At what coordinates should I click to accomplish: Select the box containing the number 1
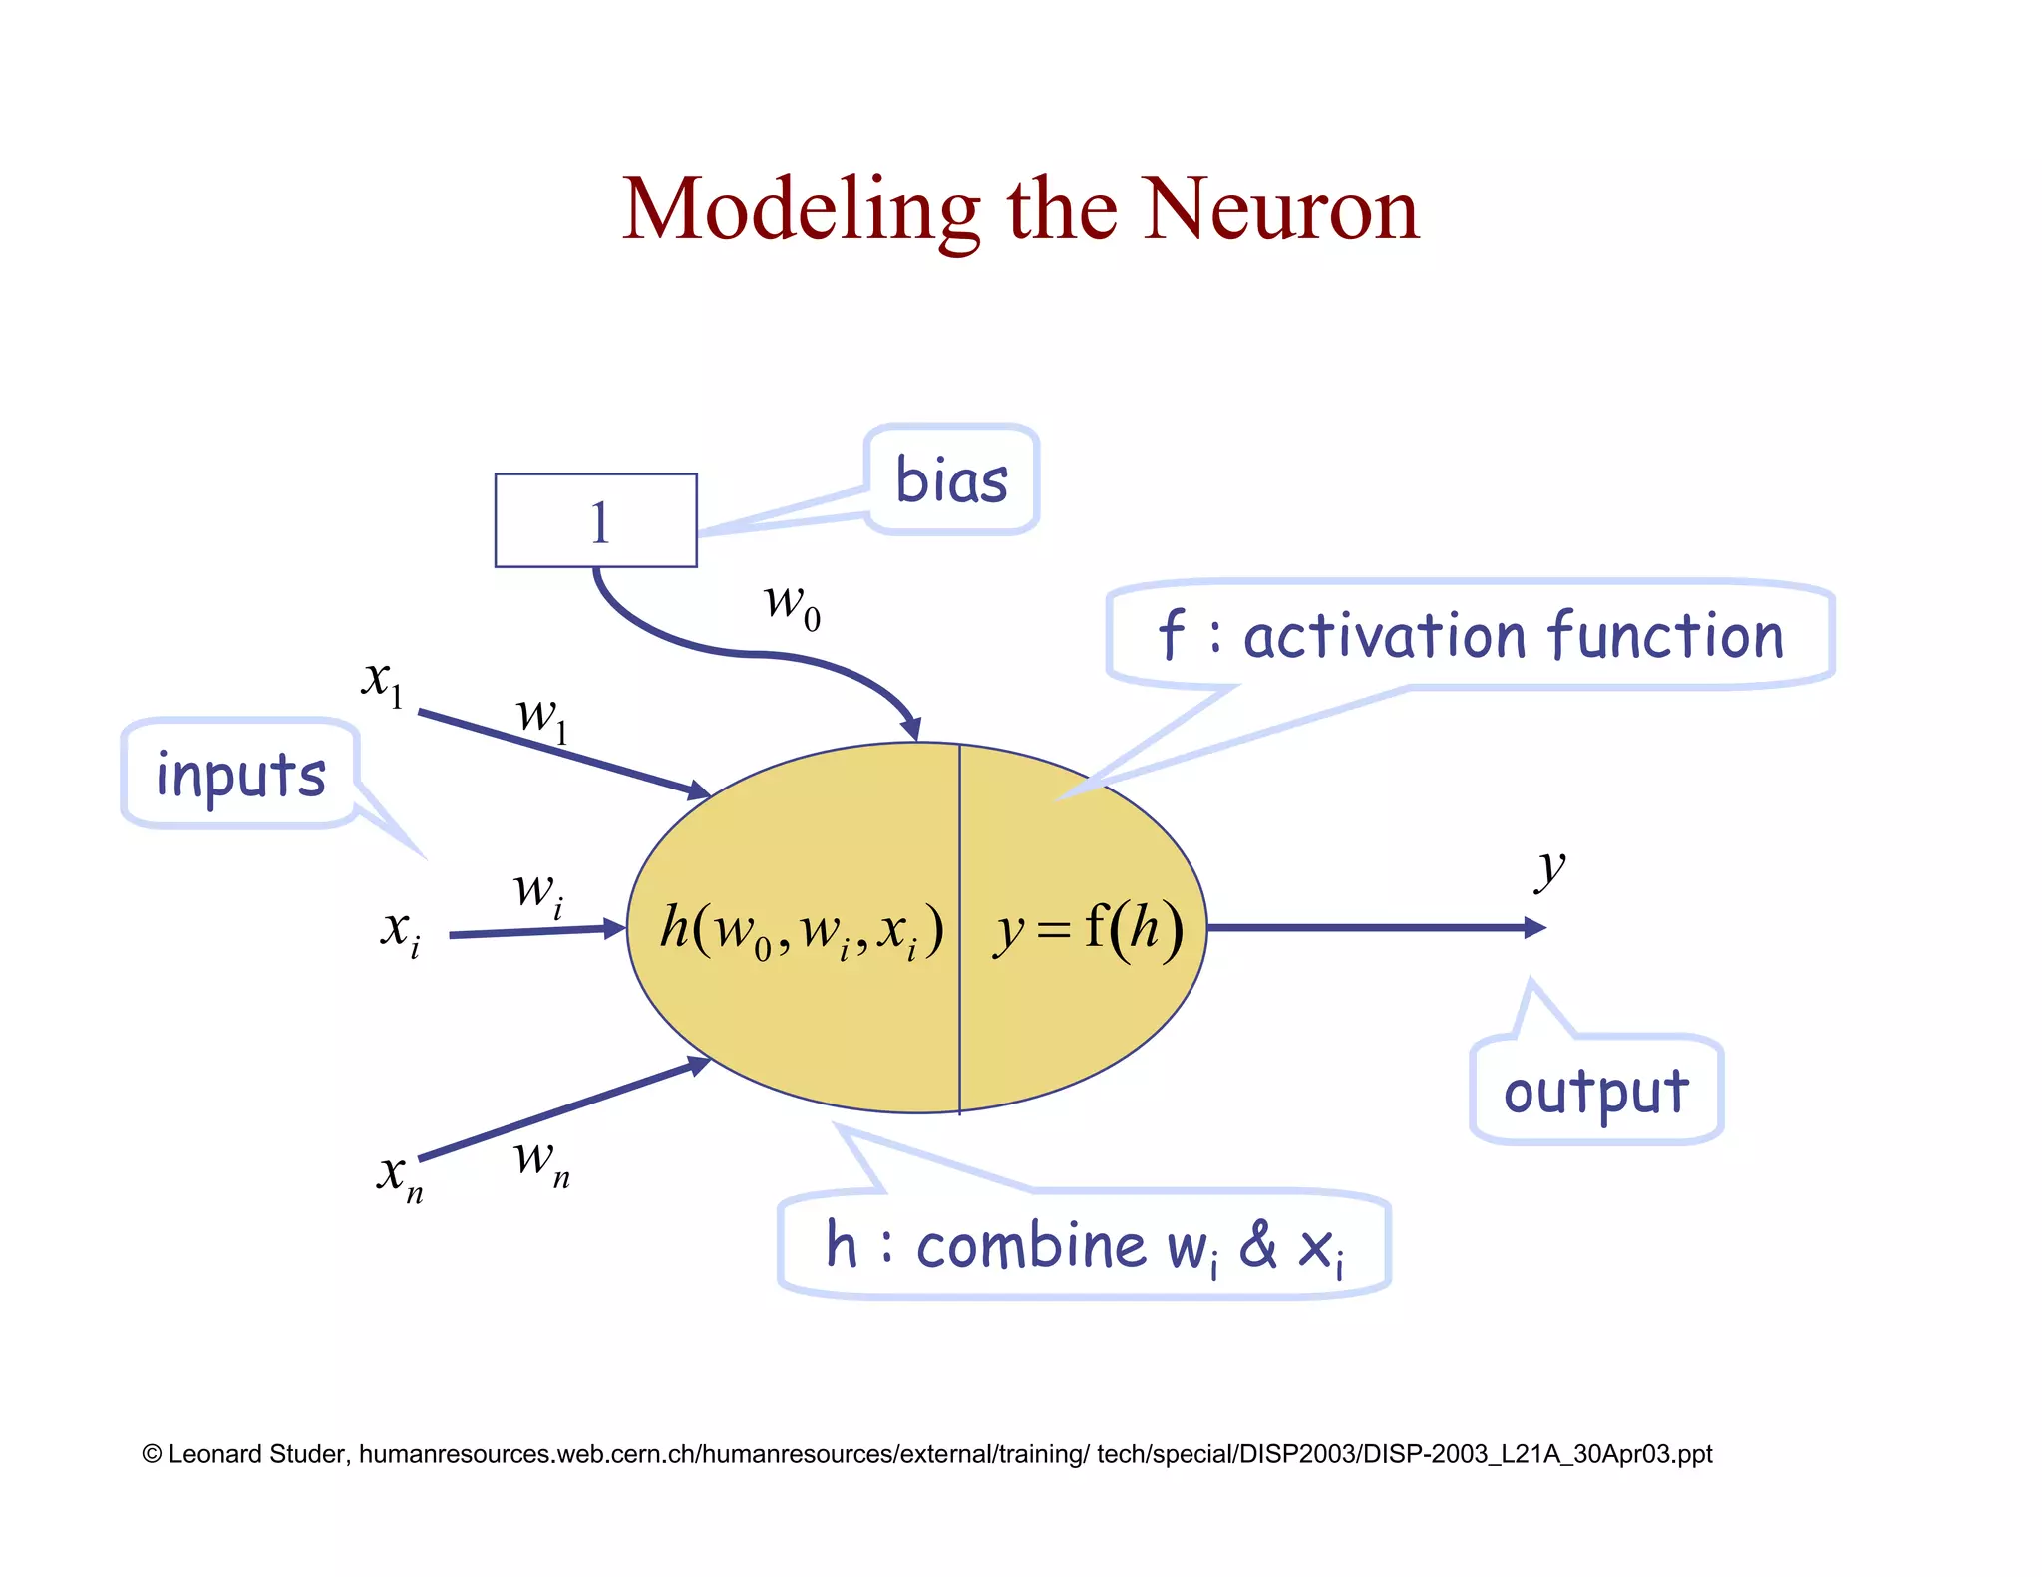pos(596,520)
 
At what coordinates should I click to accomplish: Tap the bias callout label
pos(951,480)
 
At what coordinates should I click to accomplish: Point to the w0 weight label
pos(792,605)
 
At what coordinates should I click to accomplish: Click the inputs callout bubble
pos(240,775)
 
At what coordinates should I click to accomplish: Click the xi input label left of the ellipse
pos(400,932)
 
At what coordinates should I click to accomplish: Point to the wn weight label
pos(541,1162)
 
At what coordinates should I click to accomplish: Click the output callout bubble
pos(1595,1092)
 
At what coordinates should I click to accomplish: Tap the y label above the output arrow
pos(1549,869)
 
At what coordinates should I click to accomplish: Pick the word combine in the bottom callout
pos(1031,1246)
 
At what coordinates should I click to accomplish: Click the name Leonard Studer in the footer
pos(258,1454)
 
